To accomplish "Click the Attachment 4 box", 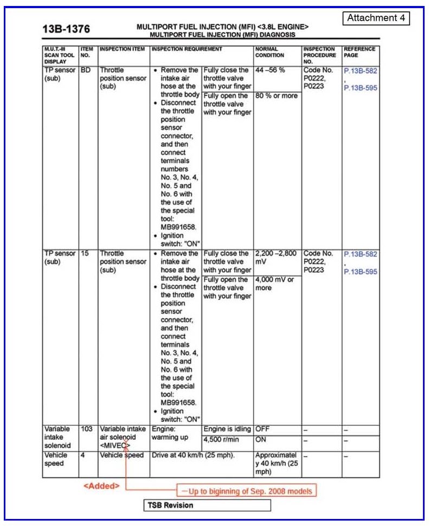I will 376,18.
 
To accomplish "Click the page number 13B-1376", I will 66,29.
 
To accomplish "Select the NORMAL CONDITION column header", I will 269,52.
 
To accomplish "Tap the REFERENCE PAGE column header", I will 359,52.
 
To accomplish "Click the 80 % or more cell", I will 276,96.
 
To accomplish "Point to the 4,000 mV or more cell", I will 274,284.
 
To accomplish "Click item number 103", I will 87,429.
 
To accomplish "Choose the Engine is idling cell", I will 227,429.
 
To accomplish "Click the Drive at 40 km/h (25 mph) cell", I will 193,455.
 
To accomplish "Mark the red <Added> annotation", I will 101,485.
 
